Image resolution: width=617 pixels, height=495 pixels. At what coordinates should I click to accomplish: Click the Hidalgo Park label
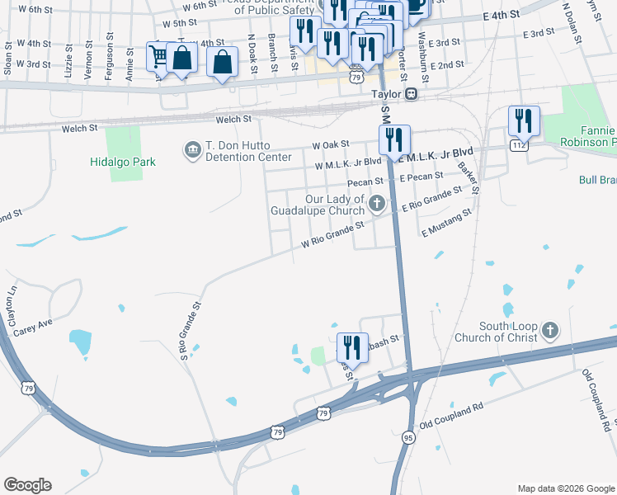(x=123, y=163)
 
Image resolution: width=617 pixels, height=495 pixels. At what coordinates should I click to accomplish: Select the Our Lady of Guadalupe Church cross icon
(x=377, y=203)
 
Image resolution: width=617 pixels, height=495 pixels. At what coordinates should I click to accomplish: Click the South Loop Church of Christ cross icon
(x=550, y=331)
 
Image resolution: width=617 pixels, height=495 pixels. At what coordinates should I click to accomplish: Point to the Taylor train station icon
(x=410, y=94)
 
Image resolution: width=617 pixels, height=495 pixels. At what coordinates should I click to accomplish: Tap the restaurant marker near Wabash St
(x=352, y=348)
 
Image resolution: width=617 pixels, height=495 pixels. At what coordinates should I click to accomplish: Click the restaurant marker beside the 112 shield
(x=523, y=121)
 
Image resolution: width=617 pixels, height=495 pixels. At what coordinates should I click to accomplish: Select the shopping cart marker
(x=158, y=56)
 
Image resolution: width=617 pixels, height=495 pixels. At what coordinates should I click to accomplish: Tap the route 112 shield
(x=518, y=146)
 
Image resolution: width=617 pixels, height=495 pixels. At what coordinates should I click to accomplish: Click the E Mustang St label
(x=445, y=223)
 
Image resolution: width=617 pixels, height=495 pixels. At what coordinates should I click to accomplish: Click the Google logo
(x=27, y=485)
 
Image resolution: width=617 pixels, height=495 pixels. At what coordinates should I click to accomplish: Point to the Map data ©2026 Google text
(x=565, y=488)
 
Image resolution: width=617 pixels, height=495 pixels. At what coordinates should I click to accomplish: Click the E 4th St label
(x=502, y=15)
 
